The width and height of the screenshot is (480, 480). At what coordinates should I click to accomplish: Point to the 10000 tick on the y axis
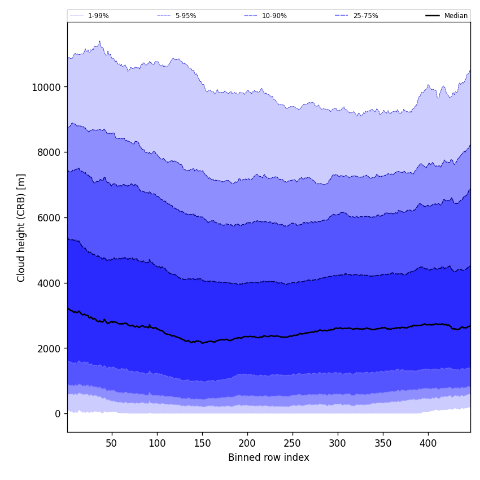tap(46, 87)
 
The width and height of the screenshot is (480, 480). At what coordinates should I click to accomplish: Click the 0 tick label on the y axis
tap(58, 414)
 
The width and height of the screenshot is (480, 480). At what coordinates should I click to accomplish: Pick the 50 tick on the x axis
tap(112, 444)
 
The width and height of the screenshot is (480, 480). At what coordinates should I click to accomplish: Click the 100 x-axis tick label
tap(157, 444)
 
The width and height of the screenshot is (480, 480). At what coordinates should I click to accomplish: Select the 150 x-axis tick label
tap(202, 444)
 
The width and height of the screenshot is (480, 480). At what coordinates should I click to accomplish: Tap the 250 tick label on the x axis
tap(293, 444)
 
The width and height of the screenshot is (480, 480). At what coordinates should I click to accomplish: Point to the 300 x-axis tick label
tap(338, 444)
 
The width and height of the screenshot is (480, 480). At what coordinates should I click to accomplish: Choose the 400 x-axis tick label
tap(428, 444)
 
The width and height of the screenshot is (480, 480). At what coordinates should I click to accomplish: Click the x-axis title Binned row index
tap(269, 458)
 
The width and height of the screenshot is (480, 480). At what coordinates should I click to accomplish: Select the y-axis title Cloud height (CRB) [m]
tap(21, 228)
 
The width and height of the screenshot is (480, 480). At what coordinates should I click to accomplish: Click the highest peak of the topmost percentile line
tap(100, 41)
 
